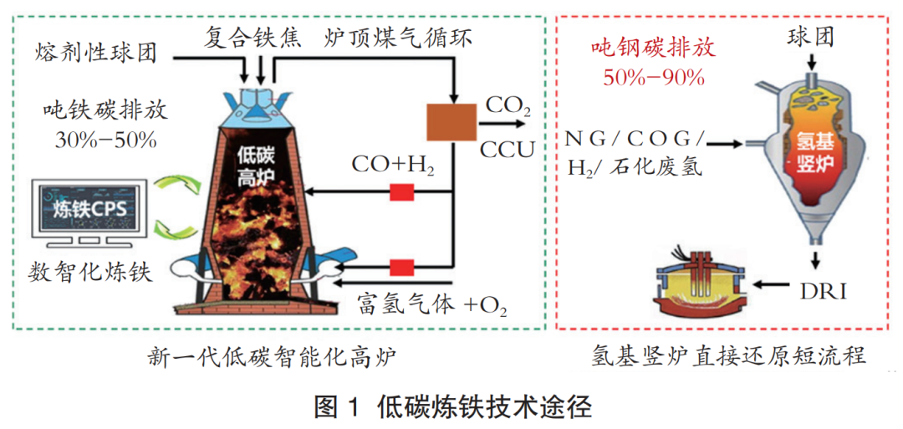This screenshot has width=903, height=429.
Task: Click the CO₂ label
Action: (509, 106)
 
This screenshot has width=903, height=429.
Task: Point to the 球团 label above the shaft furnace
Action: (810, 35)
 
